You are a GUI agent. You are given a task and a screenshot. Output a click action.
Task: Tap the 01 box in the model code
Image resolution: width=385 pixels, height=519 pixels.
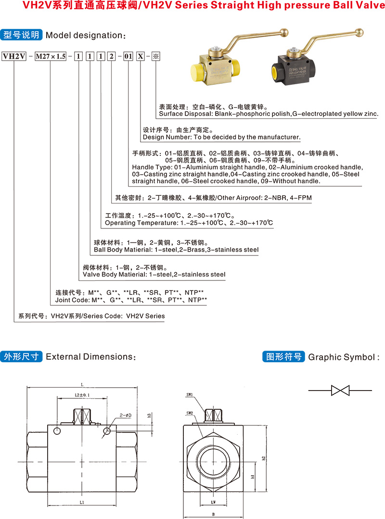128,56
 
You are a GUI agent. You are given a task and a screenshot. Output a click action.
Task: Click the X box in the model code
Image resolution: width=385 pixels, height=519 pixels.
141,56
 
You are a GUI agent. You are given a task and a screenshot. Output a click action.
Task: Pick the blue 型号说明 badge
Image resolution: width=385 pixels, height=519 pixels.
22,35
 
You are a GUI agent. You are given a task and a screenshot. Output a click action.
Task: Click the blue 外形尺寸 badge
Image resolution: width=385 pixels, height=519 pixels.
22,356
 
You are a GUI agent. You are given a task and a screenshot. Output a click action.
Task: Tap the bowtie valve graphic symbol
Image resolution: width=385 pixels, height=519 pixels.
340,390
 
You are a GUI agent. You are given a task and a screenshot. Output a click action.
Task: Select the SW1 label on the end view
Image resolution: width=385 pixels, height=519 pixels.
190,395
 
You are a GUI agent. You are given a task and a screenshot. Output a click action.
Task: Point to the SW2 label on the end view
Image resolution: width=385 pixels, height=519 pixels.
190,413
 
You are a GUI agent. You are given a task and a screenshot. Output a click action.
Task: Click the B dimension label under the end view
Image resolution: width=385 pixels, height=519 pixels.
213,514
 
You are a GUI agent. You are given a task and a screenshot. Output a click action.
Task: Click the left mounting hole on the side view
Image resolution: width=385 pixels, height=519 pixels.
57,432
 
